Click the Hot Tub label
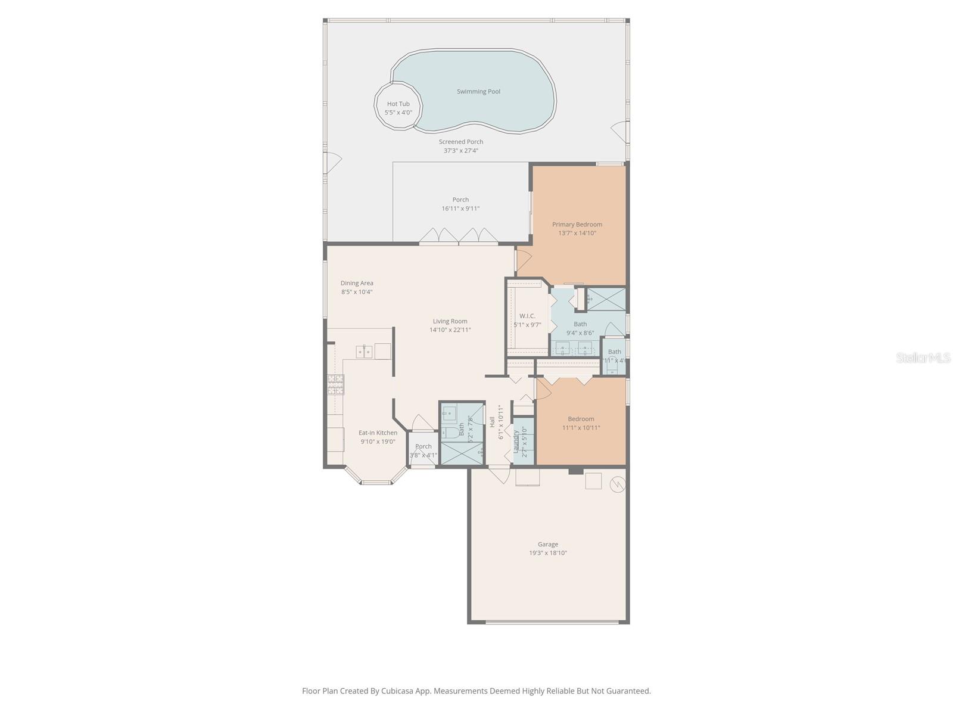click(x=398, y=104)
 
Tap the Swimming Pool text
click(x=478, y=92)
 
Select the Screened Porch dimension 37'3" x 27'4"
click(x=460, y=151)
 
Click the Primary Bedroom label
click(x=577, y=225)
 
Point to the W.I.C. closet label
click(x=527, y=316)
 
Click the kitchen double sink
click(x=364, y=352)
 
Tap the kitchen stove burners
click(x=335, y=385)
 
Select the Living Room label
click(x=450, y=321)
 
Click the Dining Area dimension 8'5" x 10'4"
click(x=357, y=292)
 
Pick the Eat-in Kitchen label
click(x=378, y=433)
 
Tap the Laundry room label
click(x=516, y=441)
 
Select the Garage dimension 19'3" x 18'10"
click(x=548, y=553)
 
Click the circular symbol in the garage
click(x=618, y=486)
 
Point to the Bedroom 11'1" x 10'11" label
click(x=581, y=419)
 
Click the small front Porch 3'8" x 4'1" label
click(x=423, y=446)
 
